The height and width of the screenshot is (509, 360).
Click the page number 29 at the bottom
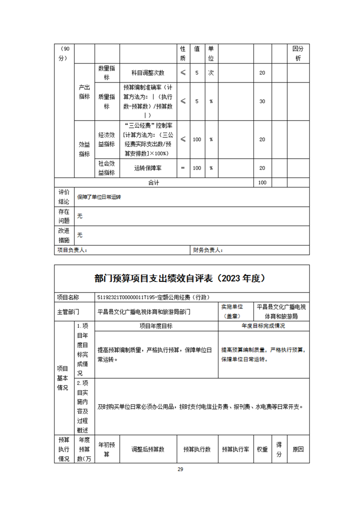point(180,469)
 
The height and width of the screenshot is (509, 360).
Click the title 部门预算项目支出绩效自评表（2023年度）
point(180,279)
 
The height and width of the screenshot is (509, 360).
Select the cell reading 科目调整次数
point(148,73)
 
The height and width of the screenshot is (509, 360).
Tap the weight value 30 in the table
point(262,101)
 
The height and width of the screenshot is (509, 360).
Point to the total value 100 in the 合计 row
point(262,182)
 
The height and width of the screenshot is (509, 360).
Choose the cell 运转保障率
point(148,168)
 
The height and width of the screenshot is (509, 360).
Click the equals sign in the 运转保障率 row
point(182,168)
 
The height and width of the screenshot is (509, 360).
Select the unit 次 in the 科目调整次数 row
point(211,73)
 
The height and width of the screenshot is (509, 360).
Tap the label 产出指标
point(84,92)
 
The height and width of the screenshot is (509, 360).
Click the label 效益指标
point(84,149)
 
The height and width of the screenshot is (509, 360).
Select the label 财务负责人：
point(208,250)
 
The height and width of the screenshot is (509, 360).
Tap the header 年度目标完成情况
point(264,326)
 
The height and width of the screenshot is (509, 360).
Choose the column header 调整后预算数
point(148,449)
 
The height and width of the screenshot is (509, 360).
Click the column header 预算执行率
point(235,449)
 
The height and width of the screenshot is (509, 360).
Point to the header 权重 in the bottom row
point(262,449)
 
